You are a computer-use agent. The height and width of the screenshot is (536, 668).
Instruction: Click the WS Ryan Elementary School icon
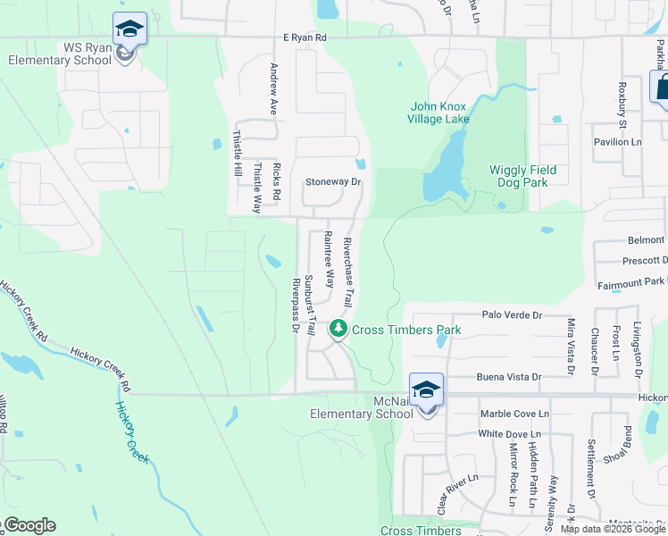click(x=130, y=29)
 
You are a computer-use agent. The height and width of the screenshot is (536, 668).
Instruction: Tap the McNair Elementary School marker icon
click(x=426, y=390)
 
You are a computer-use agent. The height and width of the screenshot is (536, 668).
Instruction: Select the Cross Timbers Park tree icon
click(x=338, y=330)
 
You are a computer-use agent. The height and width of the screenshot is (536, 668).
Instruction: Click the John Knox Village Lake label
click(x=438, y=113)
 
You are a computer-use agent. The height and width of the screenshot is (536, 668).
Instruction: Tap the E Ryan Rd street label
click(x=305, y=38)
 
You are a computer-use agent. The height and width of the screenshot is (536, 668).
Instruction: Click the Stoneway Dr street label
click(x=333, y=181)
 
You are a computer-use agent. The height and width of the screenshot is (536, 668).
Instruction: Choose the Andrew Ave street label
click(x=274, y=89)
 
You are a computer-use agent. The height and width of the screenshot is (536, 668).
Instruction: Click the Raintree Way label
click(x=329, y=259)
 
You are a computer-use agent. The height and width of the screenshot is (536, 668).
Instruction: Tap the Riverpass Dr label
click(x=295, y=304)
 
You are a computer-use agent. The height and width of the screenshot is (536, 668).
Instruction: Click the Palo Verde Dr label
click(x=512, y=315)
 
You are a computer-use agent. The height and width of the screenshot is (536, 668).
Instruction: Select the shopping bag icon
click(x=662, y=87)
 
